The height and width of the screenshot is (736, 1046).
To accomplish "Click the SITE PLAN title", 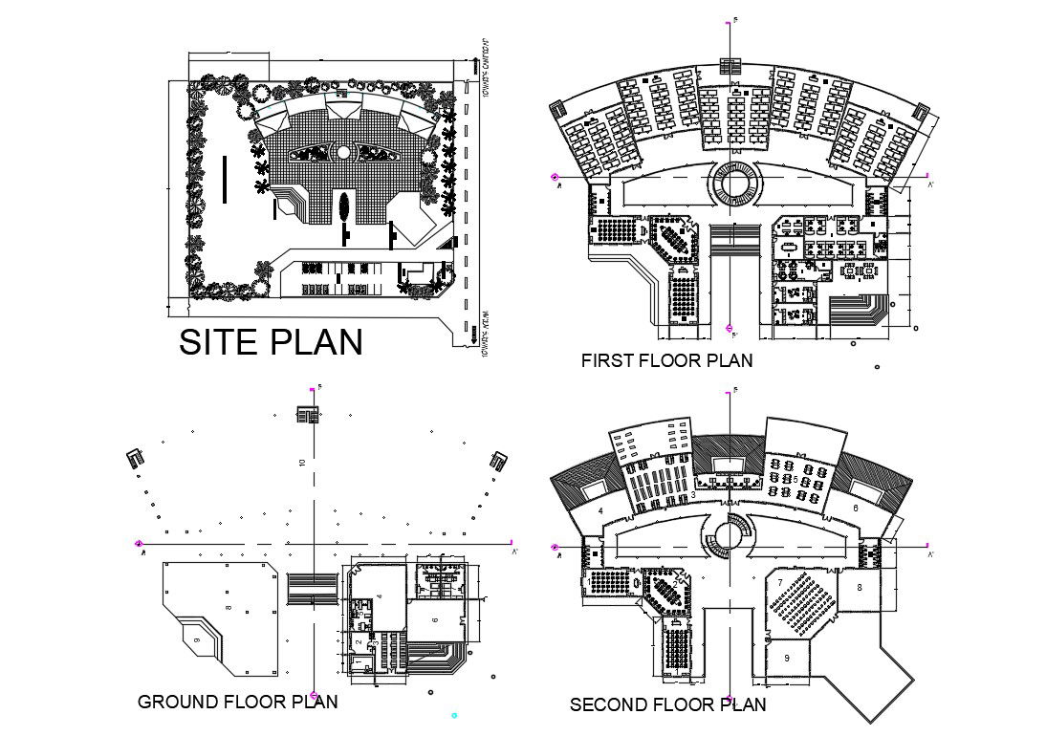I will tap(272, 342).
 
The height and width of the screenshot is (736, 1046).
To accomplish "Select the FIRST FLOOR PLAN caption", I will tap(666, 360).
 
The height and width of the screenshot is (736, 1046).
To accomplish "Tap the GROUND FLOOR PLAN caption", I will tap(237, 702).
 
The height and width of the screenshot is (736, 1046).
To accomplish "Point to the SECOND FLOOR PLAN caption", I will tap(667, 705).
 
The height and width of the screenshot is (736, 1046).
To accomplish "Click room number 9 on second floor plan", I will tap(787, 658).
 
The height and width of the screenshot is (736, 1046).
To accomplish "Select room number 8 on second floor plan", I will tap(860, 588).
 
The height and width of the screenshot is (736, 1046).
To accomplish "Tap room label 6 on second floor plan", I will tap(856, 509).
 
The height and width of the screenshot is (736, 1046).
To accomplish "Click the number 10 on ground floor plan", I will tap(302, 464).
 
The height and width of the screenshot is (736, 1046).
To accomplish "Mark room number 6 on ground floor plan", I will tap(434, 620).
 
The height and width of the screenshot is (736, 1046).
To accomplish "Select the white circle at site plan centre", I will tap(343, 152).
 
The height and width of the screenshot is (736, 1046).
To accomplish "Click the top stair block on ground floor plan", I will tap(307, 415).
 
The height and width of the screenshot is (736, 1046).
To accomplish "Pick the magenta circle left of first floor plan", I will tap(555, 177).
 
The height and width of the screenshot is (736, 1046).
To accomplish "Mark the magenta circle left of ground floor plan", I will tap(140, 544).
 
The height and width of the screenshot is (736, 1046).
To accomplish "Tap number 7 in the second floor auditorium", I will tap(781, 582).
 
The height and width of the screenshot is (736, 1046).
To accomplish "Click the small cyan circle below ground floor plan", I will tap(454, 714).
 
